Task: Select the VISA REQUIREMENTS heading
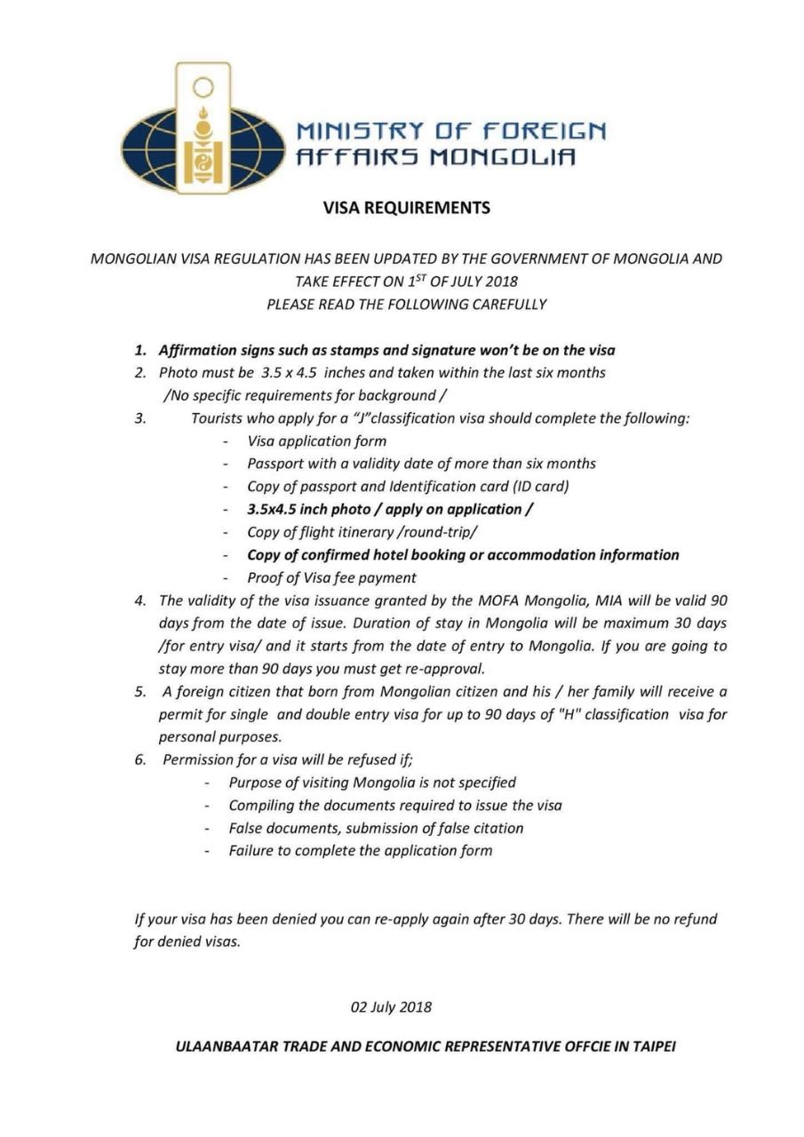tap(406, 208)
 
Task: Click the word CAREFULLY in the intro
tap(506, 304)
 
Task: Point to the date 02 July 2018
tap(391, 1007)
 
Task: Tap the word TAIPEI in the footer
tap(654, 1046)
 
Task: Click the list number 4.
tap(140, 600)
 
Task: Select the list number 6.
tap(140, 759)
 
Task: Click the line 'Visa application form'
tap(316, 441)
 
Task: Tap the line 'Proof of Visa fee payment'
tap(331, 577)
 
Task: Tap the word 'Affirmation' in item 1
tap(200, 350)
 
